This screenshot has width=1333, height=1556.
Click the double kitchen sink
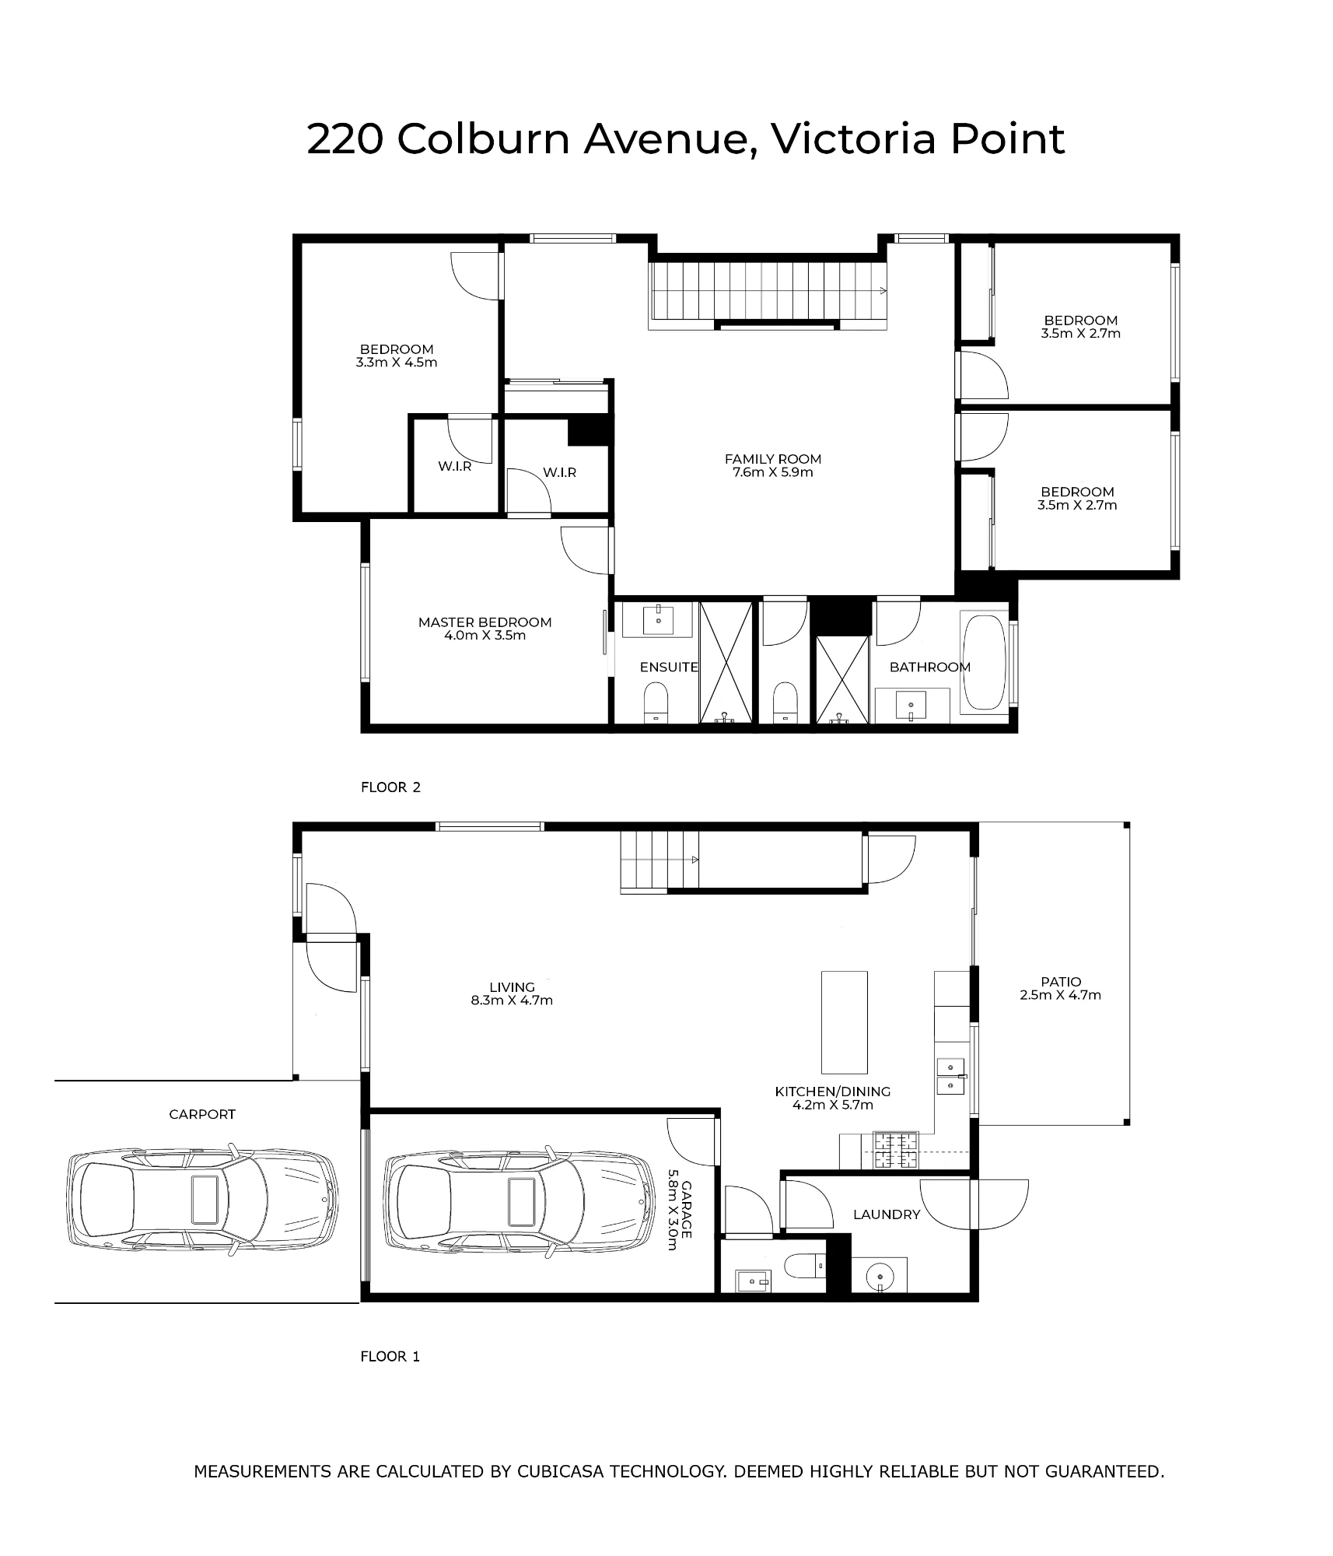point(951,1076)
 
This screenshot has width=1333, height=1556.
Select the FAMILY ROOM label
point(773,459)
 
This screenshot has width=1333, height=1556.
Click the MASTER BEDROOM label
point(485,622)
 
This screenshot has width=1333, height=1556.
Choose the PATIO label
point(1061,982)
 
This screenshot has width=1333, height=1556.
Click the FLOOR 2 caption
point(390,787)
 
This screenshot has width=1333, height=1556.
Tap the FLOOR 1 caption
point(390,1357)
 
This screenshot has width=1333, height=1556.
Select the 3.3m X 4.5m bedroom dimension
point(397,363)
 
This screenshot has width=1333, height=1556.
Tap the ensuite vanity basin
point(658,619)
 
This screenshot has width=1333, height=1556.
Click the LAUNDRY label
point(887,1214)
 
